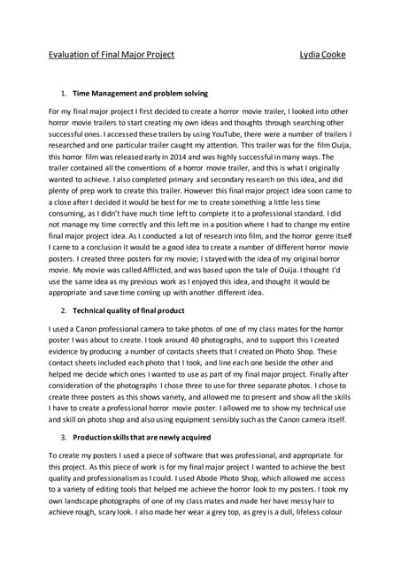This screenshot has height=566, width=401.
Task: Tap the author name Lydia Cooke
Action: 324,55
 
